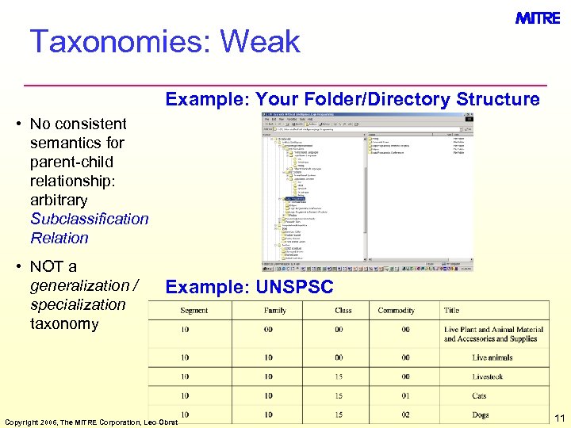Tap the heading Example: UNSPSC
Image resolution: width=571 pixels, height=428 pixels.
pos(249,287)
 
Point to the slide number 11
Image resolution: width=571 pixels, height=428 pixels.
pos(559,418)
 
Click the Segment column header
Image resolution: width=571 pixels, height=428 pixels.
pos(194,311)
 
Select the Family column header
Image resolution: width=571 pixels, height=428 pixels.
pos(275,311)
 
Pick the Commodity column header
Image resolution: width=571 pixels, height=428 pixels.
pos(396,311)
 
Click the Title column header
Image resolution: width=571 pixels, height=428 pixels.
pos(452,311)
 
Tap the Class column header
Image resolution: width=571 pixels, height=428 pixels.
pos(343,311)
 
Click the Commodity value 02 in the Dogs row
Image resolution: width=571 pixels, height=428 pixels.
pos(405,415)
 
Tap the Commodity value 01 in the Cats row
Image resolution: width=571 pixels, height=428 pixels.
pos(405,396)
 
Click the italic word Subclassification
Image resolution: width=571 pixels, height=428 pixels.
pos(89,219)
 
